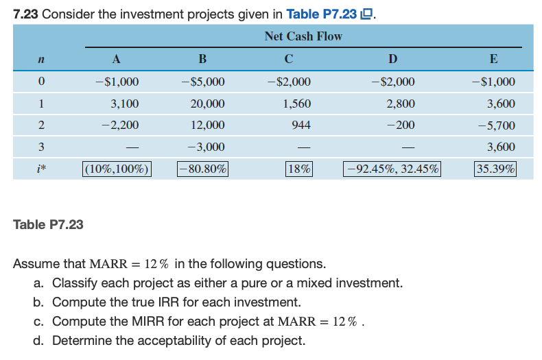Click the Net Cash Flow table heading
303,36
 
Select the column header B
202,59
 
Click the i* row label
42,169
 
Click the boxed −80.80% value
203,169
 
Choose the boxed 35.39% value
495,169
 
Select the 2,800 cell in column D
401,104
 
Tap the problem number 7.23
25,13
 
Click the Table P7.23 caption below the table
49,224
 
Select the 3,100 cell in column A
124,104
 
